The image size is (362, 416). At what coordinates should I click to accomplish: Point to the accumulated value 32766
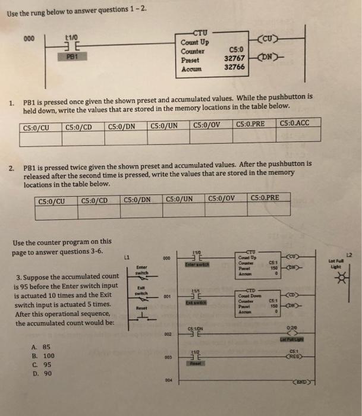point(232,67)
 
